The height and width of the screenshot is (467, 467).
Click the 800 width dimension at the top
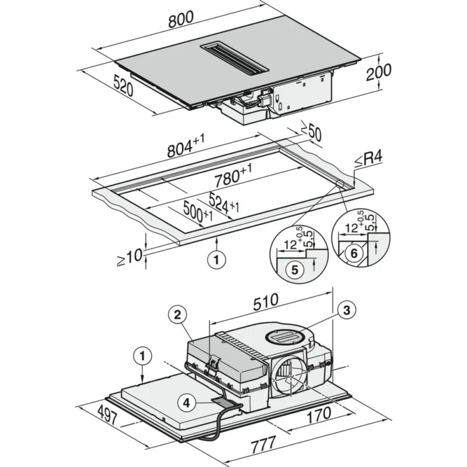coord(181,19)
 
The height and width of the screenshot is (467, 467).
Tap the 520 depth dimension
coord(123,85)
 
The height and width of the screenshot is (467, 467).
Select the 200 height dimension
coord(378,72)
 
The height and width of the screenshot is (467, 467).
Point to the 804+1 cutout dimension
coord(186,145)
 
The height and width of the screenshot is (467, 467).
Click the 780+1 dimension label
coord(233,176)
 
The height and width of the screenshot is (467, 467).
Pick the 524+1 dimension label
coord(224,203)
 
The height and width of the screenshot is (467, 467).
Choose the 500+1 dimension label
coord(198,212)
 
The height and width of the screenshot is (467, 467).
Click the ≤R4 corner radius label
coord(368,159)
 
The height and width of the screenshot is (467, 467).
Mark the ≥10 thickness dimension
coord(130,257)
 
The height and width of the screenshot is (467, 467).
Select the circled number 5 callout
coord(295,270)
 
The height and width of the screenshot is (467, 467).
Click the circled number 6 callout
coord(354,253)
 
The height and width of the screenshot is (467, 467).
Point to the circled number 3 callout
coord(347,310)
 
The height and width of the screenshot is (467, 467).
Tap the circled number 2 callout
coord(177,314)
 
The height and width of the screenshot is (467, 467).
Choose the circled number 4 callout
coord(186,403)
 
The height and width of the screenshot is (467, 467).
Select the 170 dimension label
coord(319,415)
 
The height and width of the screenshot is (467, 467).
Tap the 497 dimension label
coord(107,415)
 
